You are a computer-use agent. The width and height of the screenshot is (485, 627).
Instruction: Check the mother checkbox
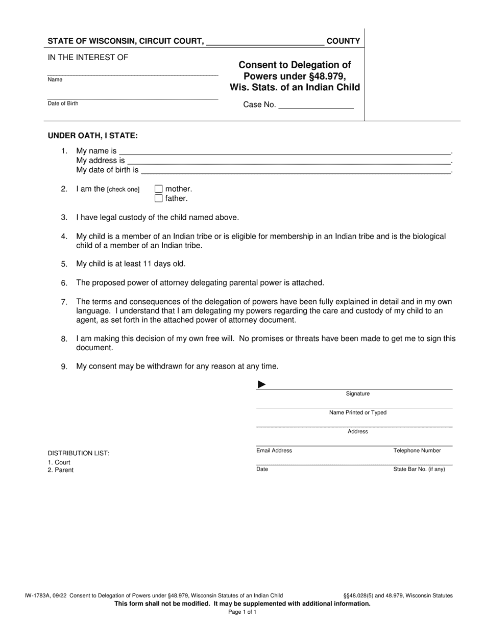pyautogui.click(x=158, y=189)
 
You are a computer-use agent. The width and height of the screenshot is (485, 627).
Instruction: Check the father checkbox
pyautogui.click(x=158, y=198)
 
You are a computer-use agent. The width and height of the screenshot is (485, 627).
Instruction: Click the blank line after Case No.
pyautogui.click(x=316, y=105)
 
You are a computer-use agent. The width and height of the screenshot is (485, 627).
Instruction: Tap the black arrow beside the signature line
pyautogui.click(x=261, y=384)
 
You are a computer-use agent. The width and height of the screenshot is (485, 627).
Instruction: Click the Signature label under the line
pyautogui.click(x=357, y=394)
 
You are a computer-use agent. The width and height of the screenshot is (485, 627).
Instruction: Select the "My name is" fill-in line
pyautogui.click(x=285, y=151)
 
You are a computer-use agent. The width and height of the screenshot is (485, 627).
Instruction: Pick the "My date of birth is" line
pyautogui.click(x=296, y=170)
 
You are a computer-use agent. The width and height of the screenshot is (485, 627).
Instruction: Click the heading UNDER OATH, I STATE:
pyautogui.click(x=92, y=136)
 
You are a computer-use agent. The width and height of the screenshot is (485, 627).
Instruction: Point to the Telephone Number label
pyautogui.click(x=417, y=451)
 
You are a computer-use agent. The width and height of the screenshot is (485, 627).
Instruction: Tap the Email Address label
pyautogui.click(x=274, y=451)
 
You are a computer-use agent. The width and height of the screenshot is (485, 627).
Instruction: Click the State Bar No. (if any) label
pyautogui.click(x=419, y=469)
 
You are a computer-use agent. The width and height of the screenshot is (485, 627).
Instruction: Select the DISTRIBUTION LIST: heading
pyautogui.click(x=78, y=453)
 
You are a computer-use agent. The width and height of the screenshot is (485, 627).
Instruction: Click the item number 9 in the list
pyautogui.click(x=64, y=367)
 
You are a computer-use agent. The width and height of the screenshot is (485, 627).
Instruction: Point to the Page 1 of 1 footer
pyautogui.click(x=243, y=612)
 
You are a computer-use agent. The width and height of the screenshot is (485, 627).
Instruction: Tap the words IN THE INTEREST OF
pyautogui.click(x=88, y=58)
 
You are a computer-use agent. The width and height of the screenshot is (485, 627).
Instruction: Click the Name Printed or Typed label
pyautogui.click(x=357, y=413)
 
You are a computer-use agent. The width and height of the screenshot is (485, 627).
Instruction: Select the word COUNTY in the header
pyautogui.click(x=343, y=41)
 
